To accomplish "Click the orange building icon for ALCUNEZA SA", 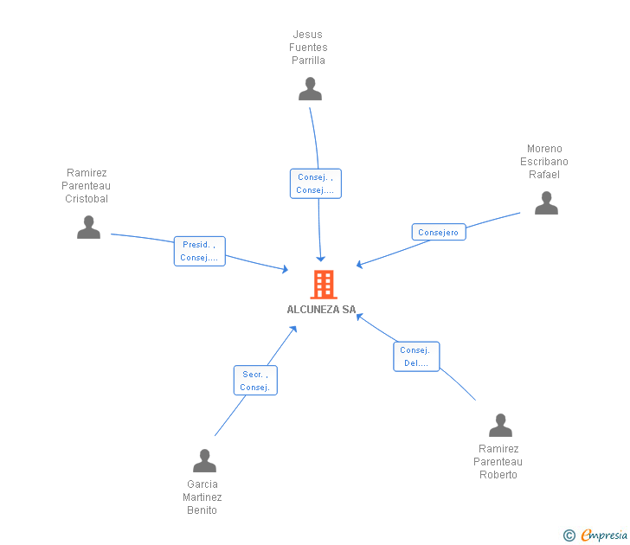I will point(323,284).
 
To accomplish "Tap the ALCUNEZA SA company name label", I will point(321,310).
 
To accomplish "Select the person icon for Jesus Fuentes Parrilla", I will point(310,89).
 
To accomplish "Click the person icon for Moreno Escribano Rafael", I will point(546,203).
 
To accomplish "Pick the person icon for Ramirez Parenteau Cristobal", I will point(88,228).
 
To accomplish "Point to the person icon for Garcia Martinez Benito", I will point(204,461).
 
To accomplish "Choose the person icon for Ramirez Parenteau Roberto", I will point(500,426).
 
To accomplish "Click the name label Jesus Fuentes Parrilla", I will point(309,48).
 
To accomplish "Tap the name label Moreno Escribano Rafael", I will point(544,162).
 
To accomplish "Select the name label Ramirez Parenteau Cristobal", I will point(87,186).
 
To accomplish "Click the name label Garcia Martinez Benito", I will point(202,497).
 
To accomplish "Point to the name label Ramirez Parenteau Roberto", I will point(498,462).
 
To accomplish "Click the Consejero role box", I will point(439,232).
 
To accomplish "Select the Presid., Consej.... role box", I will point(199,251).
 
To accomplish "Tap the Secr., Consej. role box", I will point(255,381).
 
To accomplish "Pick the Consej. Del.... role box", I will point(416,356).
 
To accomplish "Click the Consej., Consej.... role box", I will point(315,183).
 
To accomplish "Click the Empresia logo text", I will point(603,535).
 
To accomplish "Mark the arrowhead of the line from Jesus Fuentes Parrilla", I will point(320,259).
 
